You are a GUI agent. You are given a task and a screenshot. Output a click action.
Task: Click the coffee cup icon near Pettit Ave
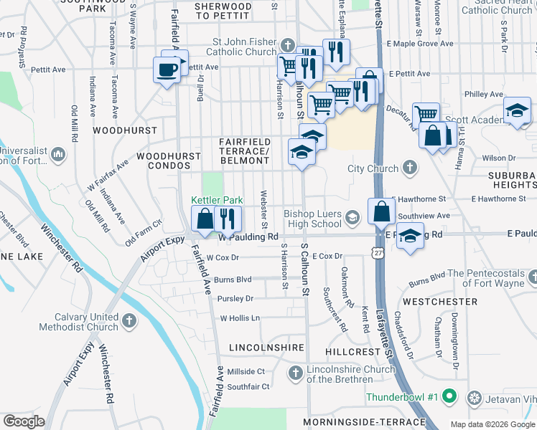tap(167, 70)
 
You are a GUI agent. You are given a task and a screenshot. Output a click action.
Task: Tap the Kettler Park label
tap(217, 200)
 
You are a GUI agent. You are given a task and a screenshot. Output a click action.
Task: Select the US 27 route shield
tap(378, 253)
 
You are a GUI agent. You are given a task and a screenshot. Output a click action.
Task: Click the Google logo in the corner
tap(24, 421)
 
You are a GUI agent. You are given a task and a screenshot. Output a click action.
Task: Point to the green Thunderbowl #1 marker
tap(449, 396)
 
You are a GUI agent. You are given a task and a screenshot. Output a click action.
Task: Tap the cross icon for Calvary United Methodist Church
tap(129, 319)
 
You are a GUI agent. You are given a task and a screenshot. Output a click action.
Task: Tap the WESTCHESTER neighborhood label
tap(439, 302)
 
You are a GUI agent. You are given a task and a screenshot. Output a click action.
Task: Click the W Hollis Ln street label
tap(239, 317)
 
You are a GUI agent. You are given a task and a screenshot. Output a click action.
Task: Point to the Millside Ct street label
tap(246, 371)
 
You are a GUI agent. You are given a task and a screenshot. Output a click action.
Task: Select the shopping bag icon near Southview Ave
tap(381, 211)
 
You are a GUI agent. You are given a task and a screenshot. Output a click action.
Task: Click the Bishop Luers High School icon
tap(352, 216)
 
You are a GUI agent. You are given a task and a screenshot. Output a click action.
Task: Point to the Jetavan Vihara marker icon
tap(474, 397)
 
